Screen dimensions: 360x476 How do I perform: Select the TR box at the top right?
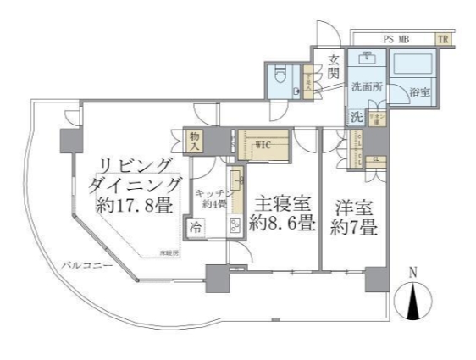click(443, 38)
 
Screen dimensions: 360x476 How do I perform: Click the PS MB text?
click(396, 38)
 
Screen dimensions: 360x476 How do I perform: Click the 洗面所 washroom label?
click(368, 86)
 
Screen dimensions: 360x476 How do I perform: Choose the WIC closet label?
click(263, 143)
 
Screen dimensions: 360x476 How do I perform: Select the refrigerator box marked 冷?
click(196, 226)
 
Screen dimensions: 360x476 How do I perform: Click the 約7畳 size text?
click(355, 226)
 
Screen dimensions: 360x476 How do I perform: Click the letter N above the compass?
click(413, 272)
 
